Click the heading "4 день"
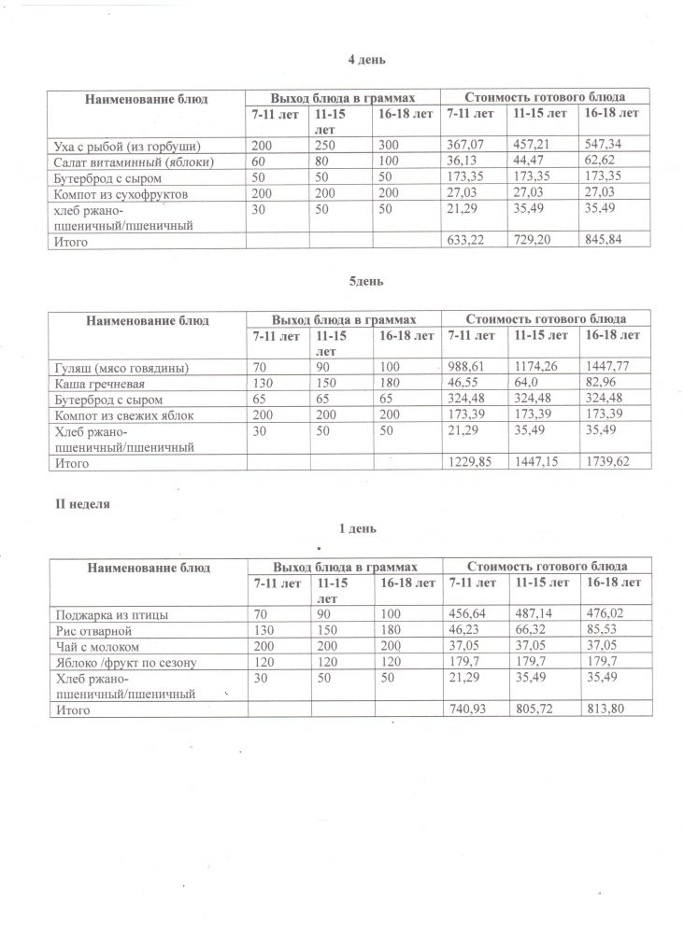pyautogui.click(x=361, y=60)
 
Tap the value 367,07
pyautogui.click(x=467, y=147)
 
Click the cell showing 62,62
pyautogui.click(x=598, y=162)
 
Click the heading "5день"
pyautogui.click(x=362, y=280)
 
